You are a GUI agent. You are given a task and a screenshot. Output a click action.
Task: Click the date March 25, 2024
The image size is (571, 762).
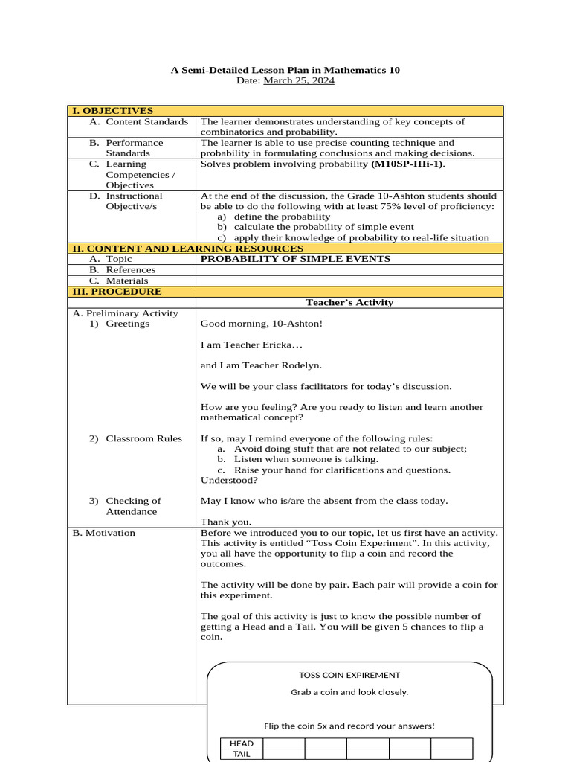pos(299,80)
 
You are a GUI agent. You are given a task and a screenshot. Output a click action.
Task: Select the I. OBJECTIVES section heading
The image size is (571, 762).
pos(112,111)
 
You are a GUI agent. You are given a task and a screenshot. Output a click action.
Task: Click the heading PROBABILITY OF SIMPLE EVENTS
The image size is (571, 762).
pos(295,259)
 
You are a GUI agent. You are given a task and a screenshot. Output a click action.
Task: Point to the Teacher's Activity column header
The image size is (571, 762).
pos(349,302)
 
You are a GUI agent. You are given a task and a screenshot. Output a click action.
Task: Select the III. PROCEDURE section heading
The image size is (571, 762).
pos(117,292)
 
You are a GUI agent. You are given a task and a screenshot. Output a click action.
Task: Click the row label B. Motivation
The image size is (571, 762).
pos(104,533)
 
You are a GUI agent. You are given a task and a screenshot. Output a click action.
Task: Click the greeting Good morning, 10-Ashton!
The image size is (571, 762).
pos(262,324)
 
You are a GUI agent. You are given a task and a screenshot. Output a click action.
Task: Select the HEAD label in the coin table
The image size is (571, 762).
pos(242,743)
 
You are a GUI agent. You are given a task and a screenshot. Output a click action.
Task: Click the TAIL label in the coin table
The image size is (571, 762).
pos(242,754)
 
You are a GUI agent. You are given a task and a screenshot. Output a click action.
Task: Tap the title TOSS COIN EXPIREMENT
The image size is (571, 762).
pos(349,675)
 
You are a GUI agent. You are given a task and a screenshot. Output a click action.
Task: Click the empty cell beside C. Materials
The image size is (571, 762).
pos(349,281)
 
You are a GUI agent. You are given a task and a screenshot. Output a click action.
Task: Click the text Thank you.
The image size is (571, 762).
pos(226,522)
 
